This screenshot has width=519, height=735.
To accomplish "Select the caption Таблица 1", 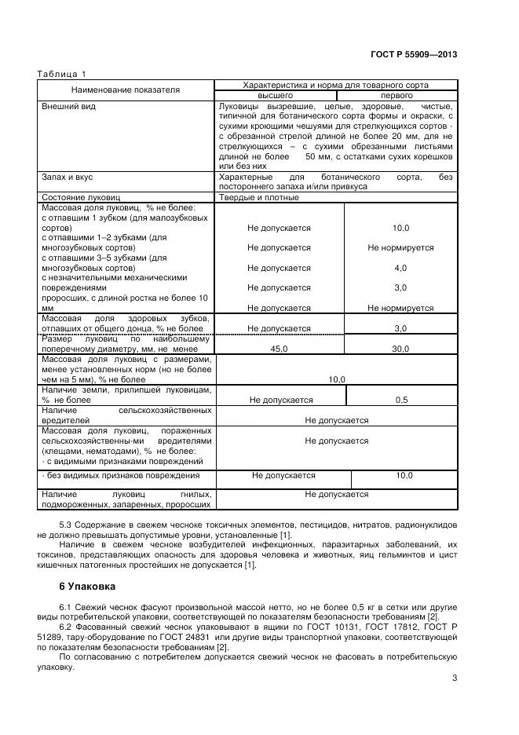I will (62, 74).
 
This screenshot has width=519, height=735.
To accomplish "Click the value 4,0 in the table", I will (400, 268).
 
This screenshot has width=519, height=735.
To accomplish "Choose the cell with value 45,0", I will (279, 348).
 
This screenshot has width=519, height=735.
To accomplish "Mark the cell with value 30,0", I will (400, 348).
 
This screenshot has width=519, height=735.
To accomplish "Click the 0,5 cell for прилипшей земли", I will (400, 400).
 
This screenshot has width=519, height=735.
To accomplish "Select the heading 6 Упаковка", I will (87, 586).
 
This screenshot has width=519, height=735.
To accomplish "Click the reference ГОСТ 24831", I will (187, 637).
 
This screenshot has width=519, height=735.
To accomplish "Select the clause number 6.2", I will (67, 627).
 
